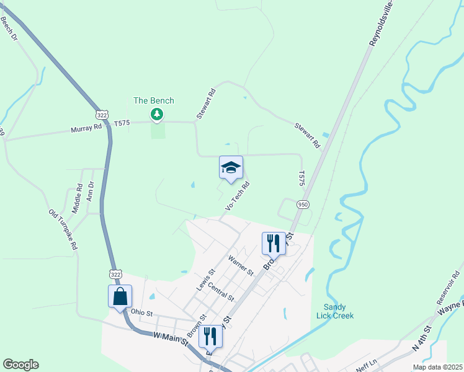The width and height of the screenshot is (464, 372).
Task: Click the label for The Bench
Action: click(x=154, y=100)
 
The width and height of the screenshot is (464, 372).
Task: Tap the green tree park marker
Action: click(x=157, y=114)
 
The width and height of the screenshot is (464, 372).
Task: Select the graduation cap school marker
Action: click(x=231, y=167)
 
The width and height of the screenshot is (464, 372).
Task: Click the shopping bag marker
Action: click(x=120, y=296)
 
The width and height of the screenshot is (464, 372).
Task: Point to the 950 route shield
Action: click(x=303, y=204)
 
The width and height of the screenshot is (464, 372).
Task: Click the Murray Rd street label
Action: click(x=86, y=127)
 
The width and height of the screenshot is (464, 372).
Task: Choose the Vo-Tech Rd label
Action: click(x=238, y=196)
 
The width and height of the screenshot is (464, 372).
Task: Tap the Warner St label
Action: click(x=241, y=265)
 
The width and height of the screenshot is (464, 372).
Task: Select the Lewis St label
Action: click(x=205, y=280)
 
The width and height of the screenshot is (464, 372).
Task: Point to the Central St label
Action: click(x=221, y=291)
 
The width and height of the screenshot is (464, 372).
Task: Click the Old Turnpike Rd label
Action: click(x=63, y=229)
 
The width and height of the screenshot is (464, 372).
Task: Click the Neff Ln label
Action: click(x=365, y=362)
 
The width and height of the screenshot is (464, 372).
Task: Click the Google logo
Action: click(x=20, y=365)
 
